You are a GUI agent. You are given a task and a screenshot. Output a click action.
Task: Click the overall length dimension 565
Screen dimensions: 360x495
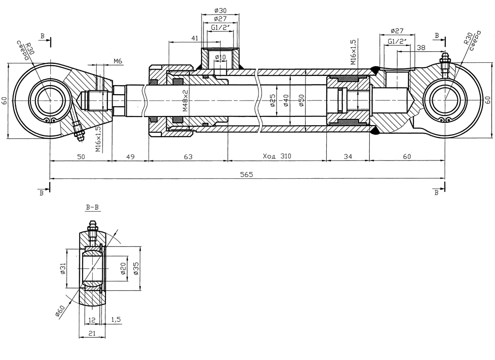pos(247,174)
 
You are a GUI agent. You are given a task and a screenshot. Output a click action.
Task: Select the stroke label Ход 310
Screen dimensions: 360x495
pos(277,156)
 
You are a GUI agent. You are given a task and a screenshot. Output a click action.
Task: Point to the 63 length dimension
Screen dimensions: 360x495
pos(188,156)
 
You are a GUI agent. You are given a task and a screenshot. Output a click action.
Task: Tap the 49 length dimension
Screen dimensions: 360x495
pos(130,156)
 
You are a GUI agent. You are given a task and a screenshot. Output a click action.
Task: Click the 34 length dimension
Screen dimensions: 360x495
pos(348,156)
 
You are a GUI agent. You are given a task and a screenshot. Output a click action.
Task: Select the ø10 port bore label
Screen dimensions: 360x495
pos(220,57)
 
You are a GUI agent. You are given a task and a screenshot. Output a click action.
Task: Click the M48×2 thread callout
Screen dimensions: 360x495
pos(185,101)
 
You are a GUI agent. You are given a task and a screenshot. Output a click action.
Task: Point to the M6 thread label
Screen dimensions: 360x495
pos(118,61)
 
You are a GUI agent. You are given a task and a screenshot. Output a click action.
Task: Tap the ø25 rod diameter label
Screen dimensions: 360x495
pos(273,101)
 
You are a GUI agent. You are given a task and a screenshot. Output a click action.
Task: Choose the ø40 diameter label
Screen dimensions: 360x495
pos(287,101)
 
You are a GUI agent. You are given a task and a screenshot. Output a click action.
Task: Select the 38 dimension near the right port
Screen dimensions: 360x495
pos(421,47)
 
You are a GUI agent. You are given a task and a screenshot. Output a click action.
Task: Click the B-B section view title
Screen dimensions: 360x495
pos(92,208)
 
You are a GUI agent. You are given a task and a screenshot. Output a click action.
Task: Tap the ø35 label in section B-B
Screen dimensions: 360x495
pos(136,269)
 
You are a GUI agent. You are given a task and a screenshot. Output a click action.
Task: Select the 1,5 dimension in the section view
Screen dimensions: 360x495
pos(116,319)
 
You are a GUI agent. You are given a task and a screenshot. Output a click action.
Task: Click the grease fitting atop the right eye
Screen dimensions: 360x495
pos(444,62)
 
